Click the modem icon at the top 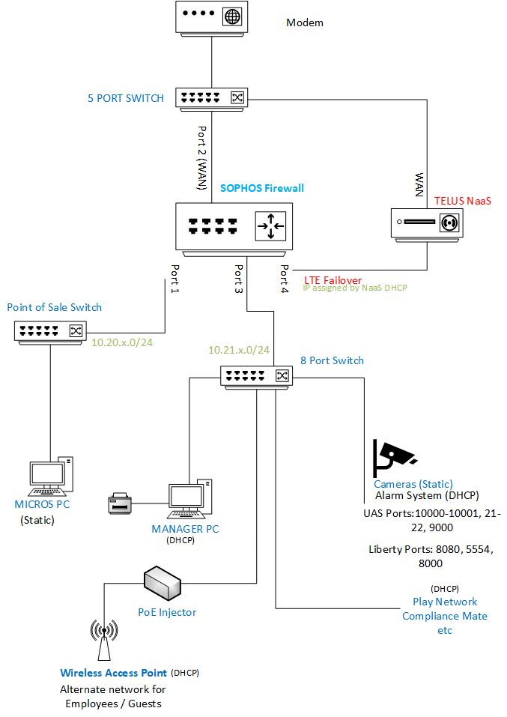[211, 17]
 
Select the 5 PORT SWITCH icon [211, 97]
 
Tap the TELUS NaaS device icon [427, 223]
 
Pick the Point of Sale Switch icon [50, 330]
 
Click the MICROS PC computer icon [50, 477]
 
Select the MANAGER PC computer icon [188, 499]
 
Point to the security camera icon [394, 454]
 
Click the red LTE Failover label [333, 280]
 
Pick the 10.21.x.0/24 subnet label [238, 350]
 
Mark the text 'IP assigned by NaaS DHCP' [354, 288]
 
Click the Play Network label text [445, 602]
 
